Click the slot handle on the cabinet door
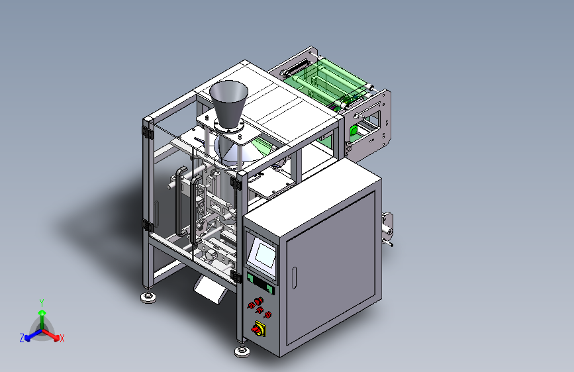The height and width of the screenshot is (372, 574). pos(294,277)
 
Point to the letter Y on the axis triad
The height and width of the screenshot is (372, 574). pos(42,303)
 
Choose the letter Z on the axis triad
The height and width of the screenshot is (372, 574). pos(22,338)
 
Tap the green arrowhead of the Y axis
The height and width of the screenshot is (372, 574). pos(42,313)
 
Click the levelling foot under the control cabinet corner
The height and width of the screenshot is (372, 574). pos(242,351)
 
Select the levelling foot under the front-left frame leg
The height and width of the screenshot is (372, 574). pos(148,297)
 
